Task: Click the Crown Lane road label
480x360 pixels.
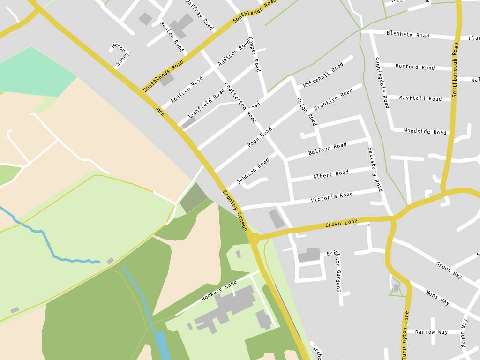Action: (341, 223)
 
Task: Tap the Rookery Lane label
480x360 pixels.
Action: (219, 291)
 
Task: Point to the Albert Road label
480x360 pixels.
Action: (331, 174)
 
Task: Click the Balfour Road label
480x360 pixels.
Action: (327, 149)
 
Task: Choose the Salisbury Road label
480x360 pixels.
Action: (375, 169)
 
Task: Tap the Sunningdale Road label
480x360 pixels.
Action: (382, 82)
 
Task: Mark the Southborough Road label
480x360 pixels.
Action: (455, 70)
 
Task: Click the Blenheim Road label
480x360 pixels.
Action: (408, 34)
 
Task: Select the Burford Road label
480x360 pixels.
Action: (415, 67)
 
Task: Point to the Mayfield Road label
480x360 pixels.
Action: (420, 98)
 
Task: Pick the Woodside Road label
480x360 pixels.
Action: (425, 132)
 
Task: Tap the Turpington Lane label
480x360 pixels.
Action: (405, 334)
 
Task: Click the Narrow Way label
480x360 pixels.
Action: (431, 332)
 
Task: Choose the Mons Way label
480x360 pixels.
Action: (437, 298)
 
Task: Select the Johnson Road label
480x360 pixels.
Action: (253, 171)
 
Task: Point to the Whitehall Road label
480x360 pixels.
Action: (323, 75)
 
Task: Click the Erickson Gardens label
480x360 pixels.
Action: (337, 271)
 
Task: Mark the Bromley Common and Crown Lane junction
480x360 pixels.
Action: (254, 238)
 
